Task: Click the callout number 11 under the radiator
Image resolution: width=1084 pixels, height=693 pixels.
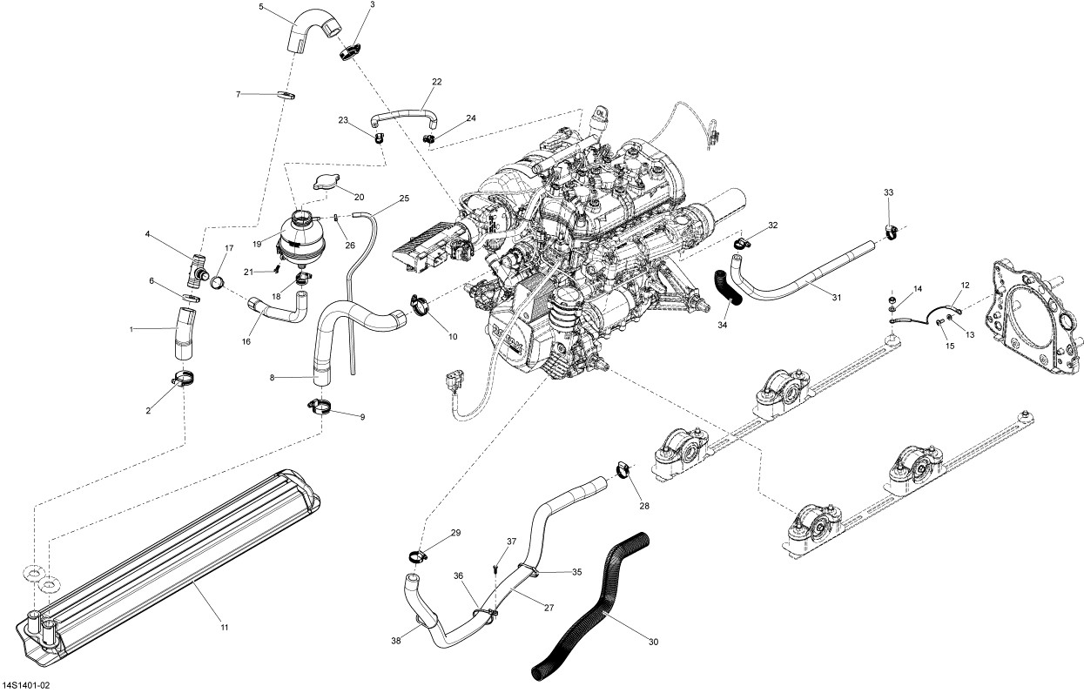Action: (x=224, y=628)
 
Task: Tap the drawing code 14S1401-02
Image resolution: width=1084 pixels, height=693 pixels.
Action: (x=26, y=686)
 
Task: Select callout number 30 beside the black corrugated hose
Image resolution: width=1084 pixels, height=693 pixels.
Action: (x=653, y=643)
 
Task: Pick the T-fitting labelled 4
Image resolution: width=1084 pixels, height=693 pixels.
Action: (x=197, y=270)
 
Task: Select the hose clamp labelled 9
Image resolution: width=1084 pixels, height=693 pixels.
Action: (x=319, y=407)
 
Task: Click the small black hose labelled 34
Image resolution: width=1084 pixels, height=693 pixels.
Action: (x=727, y=288)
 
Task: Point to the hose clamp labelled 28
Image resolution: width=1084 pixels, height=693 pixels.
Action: (x=624, y=469)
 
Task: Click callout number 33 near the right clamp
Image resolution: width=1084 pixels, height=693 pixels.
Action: (x=888, y=192)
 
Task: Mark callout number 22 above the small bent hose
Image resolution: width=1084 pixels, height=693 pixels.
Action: (x=436, y=82)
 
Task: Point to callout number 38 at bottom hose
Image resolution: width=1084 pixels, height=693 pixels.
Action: (x=396, y=642)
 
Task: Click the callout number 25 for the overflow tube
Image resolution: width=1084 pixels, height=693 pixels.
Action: (x=404, y=198)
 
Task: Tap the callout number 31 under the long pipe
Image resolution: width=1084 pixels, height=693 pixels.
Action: (x=837, y=298)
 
